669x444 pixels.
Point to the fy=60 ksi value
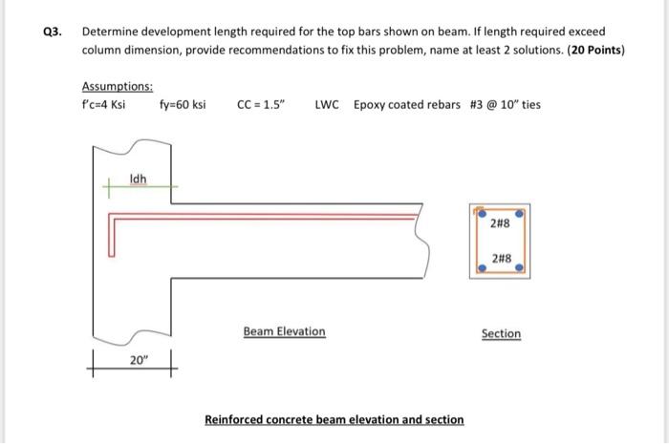click(183, 104)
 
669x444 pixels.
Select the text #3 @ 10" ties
click(505, 104)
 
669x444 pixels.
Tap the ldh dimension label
click(139, 180)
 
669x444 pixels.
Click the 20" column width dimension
click(140, 360)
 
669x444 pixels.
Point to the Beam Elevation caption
click(284, 331)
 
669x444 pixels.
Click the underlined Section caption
click(501, 333)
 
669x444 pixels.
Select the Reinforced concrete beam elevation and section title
click(334, 419)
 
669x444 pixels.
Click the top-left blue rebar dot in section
click(481, 215)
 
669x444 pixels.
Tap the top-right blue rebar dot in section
click(520, 215)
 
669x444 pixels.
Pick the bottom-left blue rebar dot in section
click(481, 268)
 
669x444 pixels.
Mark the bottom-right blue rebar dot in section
click(520, 268)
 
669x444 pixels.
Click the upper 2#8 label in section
click(500, 226)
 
